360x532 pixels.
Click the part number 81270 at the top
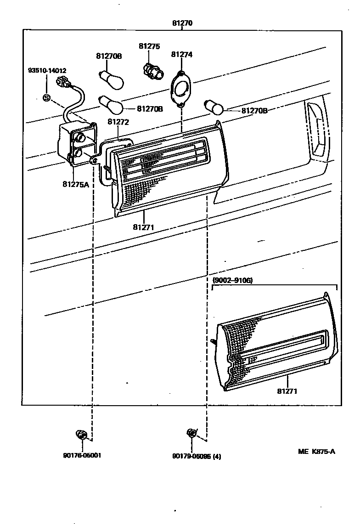point(182,23)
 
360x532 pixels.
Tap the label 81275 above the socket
point(149,46)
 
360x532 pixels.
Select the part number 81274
point(181,54)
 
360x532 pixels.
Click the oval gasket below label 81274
point(182,88)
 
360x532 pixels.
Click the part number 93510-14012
point(47,71)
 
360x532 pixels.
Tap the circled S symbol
point(46,97)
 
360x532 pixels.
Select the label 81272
point(118,122)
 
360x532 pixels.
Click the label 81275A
point(76,184)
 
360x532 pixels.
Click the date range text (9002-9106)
point(232,280)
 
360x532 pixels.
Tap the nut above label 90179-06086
point(191,433)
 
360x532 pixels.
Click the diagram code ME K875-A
point(316,451)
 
